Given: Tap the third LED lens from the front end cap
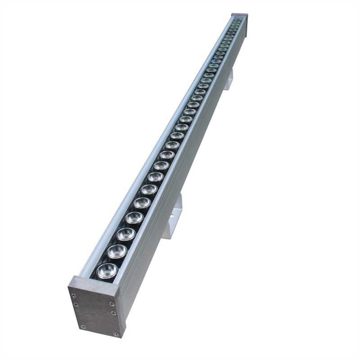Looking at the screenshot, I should coord(126,233).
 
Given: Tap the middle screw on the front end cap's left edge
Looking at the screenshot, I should coord(76,305).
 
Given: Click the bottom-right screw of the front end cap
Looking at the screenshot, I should coord(116,334).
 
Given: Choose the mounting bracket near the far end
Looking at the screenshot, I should coord(229,79).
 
